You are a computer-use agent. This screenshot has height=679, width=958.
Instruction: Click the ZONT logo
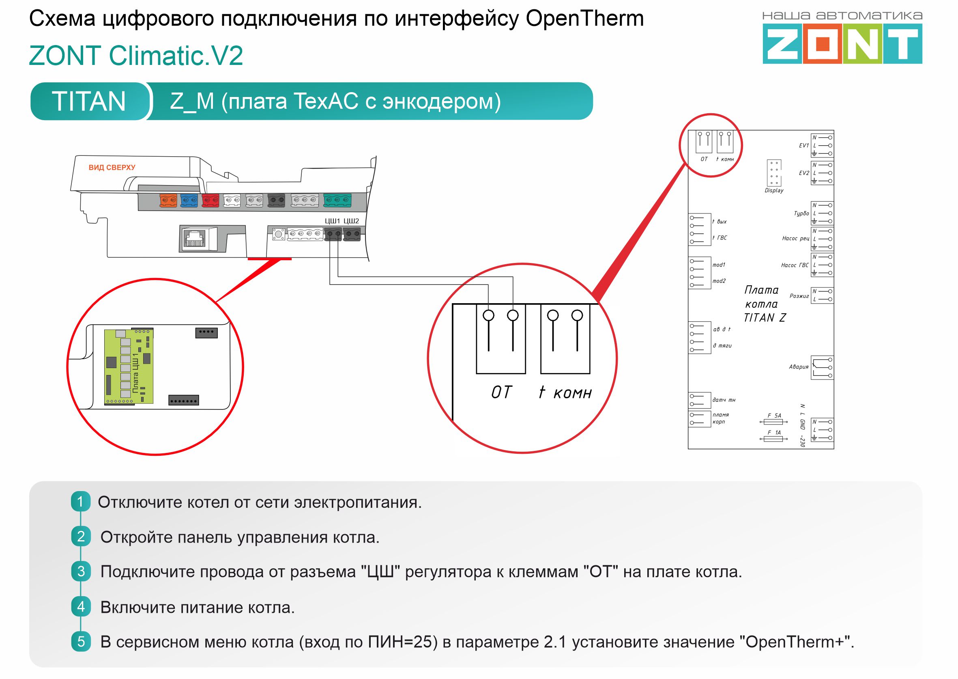pyautogui.click(x=842, y=43)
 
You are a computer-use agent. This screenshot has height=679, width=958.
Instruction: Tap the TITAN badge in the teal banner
pyautogui.click(x=88, y=101)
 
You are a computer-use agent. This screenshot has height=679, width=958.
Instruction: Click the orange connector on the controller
pyautogui.click(x=168, y=200)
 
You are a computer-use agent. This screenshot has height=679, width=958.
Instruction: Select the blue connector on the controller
pyautogui.click(x=189, y=200)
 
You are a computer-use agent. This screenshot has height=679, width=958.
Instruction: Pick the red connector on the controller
pyautogui.click(x=211, y=200)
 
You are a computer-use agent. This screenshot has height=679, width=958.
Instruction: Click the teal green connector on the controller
pyautogui.click(x=337, y=200)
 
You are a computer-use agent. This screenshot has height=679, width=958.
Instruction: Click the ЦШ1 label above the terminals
pyautogui.click(x=333, y=221)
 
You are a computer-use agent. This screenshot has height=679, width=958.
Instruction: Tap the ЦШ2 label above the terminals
pyautogui.click(x=351, y=221)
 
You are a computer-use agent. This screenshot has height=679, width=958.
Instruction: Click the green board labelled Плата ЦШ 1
pyautogui.click(x=129, y=366)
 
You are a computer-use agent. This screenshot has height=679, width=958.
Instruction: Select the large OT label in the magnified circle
pyautogui.click(x=501, y=392)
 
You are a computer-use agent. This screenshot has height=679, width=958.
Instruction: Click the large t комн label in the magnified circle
pyautogui.click(x=565, y=392)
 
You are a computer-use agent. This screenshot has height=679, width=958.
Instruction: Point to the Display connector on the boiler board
pyautogui.click(x=774, y=173)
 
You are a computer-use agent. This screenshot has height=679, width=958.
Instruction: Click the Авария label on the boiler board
pyautogui.click(x=799, y=367)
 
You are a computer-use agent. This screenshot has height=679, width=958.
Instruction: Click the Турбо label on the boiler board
pyautogui.click(x=801, y=213)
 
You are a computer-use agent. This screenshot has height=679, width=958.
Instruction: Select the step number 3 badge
pyautogui.click(x=81, y=571)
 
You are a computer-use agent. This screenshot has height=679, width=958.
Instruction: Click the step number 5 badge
pyautogui.click(x=81, y=641)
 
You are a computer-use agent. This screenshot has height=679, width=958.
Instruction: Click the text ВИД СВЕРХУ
pyautogui.click(x=112, y=168)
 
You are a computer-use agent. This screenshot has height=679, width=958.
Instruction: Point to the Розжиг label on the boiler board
pyautogui.click(x=799, y=296)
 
